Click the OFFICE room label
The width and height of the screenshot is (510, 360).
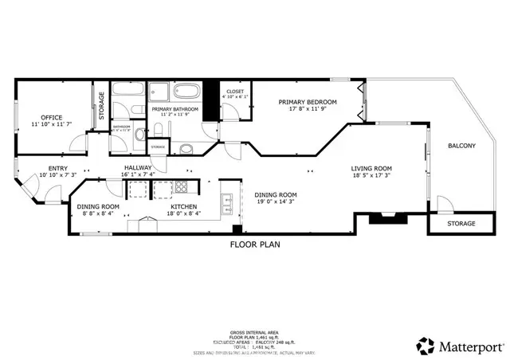coord(52,117)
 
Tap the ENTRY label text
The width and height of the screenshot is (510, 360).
coord(58,168)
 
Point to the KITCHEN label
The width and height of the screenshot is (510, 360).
coord(182,205)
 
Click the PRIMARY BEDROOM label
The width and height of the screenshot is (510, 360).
coord(307,102)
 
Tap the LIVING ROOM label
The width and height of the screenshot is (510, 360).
coord(372,168)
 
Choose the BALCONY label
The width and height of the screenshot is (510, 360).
coord(461,145)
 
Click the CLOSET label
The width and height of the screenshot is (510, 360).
coord(234,92)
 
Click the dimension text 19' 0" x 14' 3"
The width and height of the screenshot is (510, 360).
coord(276,202)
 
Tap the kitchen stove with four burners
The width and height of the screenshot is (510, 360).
coord(181,188)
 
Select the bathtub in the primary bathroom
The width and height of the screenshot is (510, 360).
coord(189,90)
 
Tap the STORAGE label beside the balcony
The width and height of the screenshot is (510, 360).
coord(461,224)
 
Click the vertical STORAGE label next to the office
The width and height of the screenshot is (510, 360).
coord(101,106)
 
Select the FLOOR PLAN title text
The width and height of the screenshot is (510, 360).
coord(255,245)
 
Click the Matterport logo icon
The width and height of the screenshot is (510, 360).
coord(425,346)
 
